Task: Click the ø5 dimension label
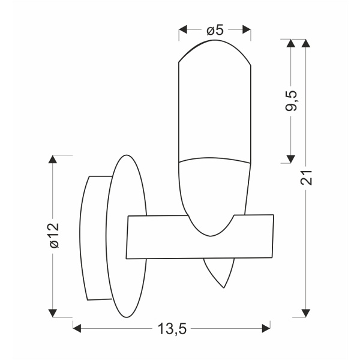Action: [x=215, y=30]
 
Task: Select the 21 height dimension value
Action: [x=307, y=178]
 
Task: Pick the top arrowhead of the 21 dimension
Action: [x=307, y=44]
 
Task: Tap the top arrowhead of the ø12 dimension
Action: [x=53, y=159]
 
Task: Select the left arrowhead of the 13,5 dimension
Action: [x=77, y=328]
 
